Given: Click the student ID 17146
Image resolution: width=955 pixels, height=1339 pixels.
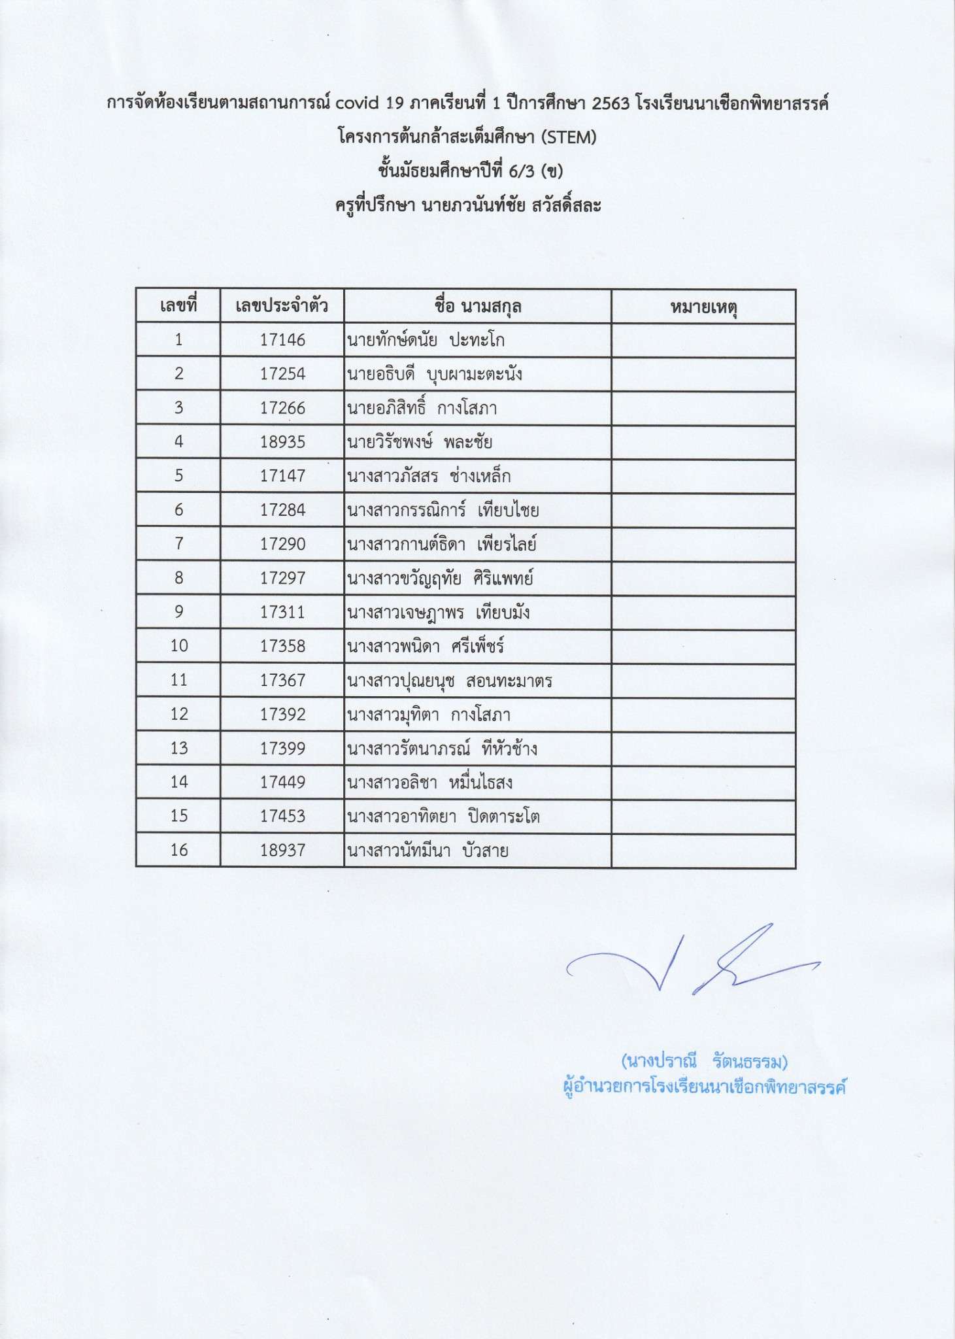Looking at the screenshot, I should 282,340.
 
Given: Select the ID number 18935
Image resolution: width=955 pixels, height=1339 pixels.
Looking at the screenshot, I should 282,442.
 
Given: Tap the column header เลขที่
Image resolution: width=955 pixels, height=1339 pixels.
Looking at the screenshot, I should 178,306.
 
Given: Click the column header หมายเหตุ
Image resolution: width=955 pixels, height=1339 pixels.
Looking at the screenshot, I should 703,307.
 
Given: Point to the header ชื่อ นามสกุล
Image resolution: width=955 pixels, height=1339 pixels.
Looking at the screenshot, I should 477,306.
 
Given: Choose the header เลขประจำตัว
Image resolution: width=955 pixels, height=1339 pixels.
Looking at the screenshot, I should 282,306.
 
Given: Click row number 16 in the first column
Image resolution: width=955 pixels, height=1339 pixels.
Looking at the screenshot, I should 178,850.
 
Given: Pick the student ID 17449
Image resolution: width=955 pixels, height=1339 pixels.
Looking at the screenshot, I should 282,782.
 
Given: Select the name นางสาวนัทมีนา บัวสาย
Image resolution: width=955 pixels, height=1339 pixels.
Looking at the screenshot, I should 427,851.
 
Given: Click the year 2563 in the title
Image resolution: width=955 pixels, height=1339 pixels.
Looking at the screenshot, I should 611,103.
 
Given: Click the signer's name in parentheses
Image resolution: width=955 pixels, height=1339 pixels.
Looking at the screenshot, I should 703,1060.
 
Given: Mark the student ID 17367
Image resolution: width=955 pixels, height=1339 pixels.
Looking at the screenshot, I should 282,680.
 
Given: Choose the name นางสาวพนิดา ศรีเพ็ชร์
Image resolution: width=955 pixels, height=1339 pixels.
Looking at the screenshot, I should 426,647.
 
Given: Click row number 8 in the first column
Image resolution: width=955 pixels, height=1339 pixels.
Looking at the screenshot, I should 178,578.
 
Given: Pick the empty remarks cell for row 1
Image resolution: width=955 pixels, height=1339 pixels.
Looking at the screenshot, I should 703,340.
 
